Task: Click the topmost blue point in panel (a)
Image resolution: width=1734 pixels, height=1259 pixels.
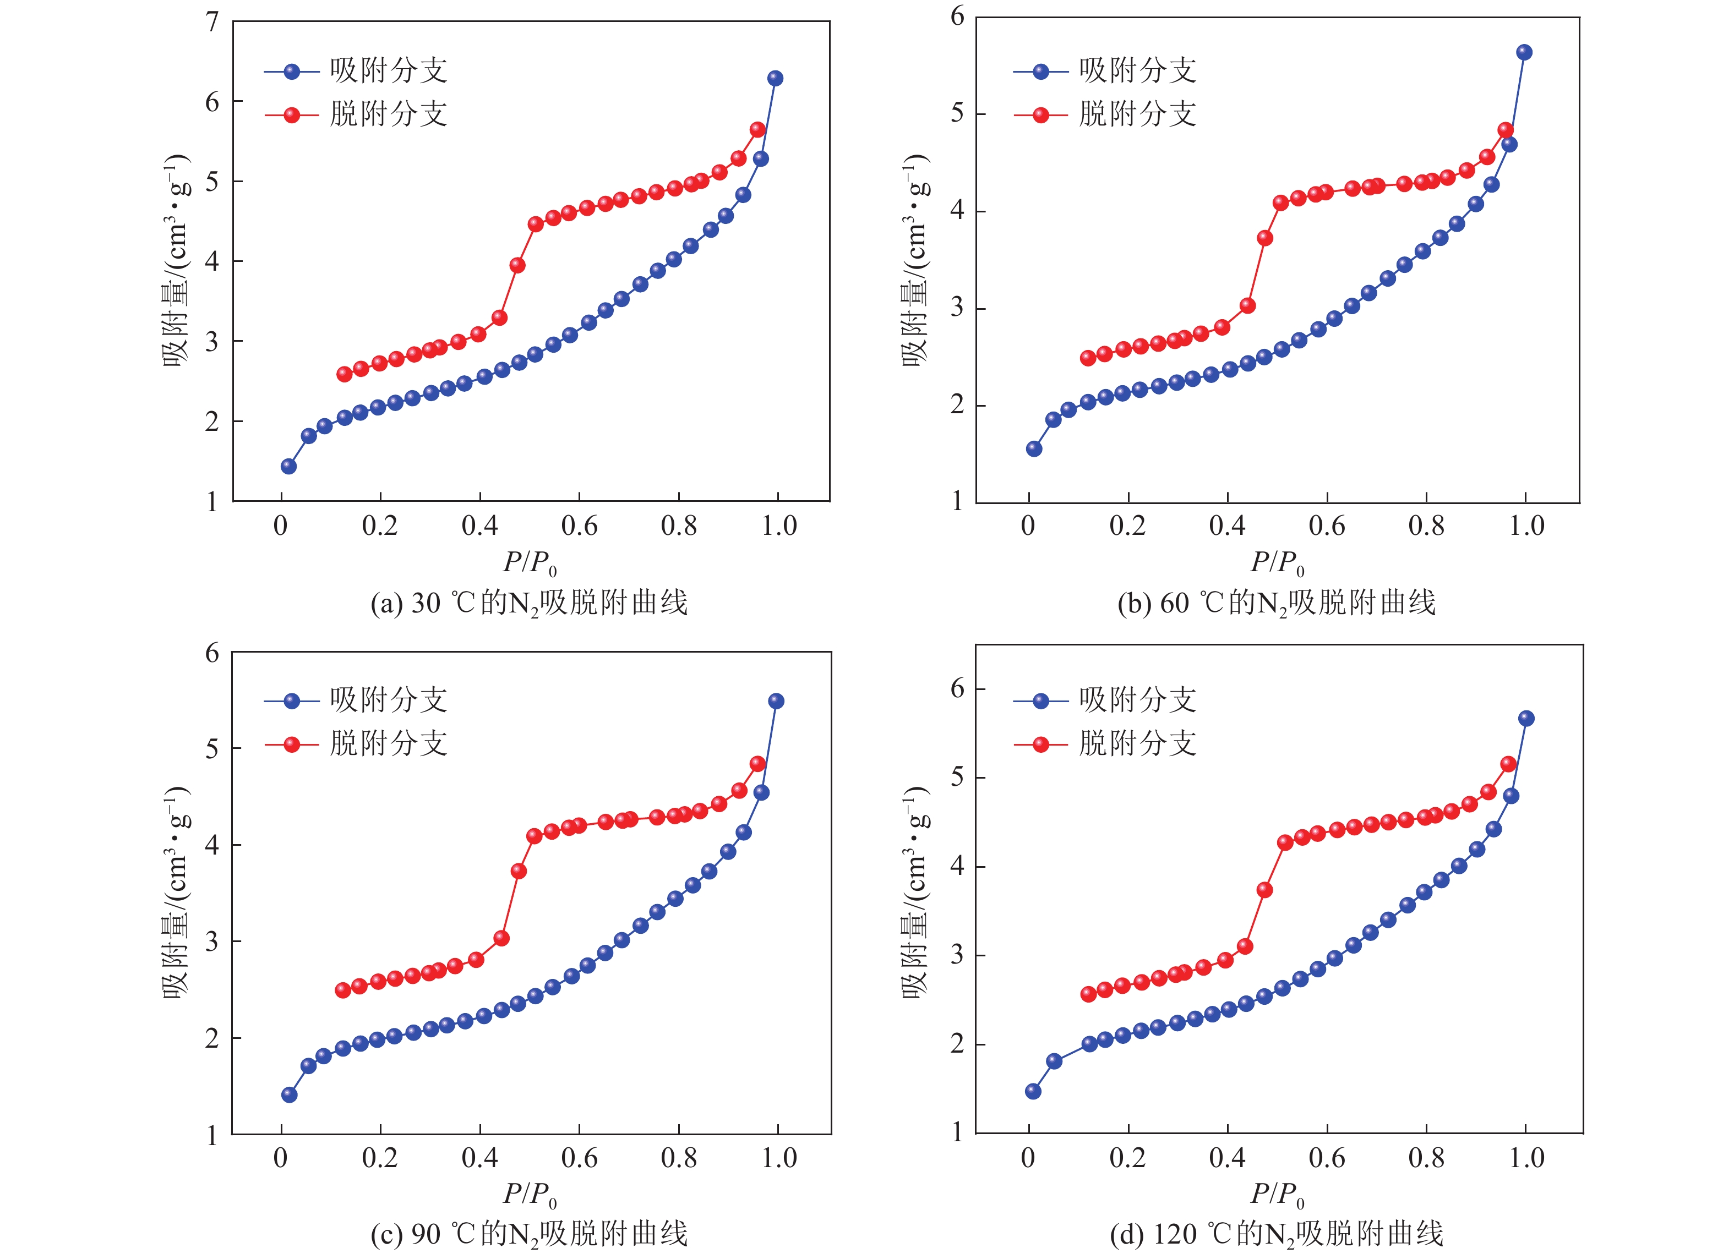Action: coord(775,78)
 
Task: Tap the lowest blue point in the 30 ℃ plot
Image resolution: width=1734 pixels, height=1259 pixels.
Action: coord(288,466)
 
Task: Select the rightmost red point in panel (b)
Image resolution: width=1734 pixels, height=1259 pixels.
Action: coord(1506,130)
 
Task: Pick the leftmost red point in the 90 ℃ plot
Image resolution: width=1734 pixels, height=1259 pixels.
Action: coord(342,990)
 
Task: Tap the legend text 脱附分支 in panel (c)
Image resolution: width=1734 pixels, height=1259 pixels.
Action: coord(389,743)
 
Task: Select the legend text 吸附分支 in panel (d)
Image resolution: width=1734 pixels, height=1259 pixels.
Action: coord(1138,699)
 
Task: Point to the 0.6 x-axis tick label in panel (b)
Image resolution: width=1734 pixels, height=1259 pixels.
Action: coord(1327,526)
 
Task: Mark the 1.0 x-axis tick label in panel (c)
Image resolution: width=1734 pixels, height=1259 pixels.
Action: coord(778,1158)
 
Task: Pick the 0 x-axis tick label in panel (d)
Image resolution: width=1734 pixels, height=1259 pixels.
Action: coord(1028,1158)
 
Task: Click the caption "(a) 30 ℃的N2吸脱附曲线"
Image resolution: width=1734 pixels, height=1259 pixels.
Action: coord(529,603)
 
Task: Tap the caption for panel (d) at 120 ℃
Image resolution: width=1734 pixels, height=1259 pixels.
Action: coord(1276,1234)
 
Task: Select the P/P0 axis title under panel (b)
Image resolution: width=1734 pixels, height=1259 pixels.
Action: coord(1277,563)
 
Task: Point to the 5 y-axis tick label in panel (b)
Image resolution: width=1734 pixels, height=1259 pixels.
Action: coord(957,113)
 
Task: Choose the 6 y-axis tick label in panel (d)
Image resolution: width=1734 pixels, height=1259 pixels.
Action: coord(957,689)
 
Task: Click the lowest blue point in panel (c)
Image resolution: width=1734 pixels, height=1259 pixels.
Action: coord(289,1094)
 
